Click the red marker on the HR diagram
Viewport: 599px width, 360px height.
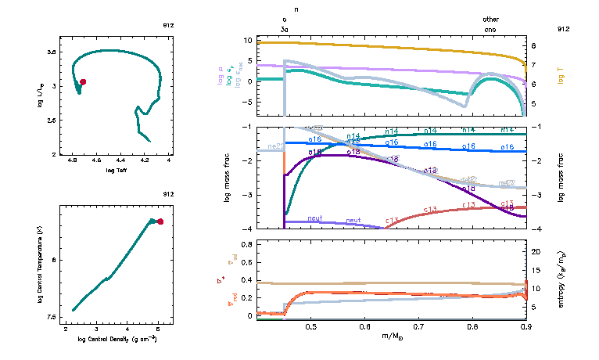pyautogui.click(x=83, y=81)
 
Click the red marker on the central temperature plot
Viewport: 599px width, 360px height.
pyautogui.click(x=160, y=221)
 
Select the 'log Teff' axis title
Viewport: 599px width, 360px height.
pyautogui.click(x=117, y=170)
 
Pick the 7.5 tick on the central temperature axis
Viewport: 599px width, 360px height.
pyautogui.click(x=52, y=317)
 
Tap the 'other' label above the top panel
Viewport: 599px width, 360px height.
pyautogui.click(x=490, y=20)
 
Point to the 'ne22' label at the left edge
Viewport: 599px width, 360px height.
pyautogui.click(x=275, y=146)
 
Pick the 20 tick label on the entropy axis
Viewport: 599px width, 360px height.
pyautogui.click(x=537, y=251)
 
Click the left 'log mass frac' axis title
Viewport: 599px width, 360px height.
pyautogui.click(x=228, y=178)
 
